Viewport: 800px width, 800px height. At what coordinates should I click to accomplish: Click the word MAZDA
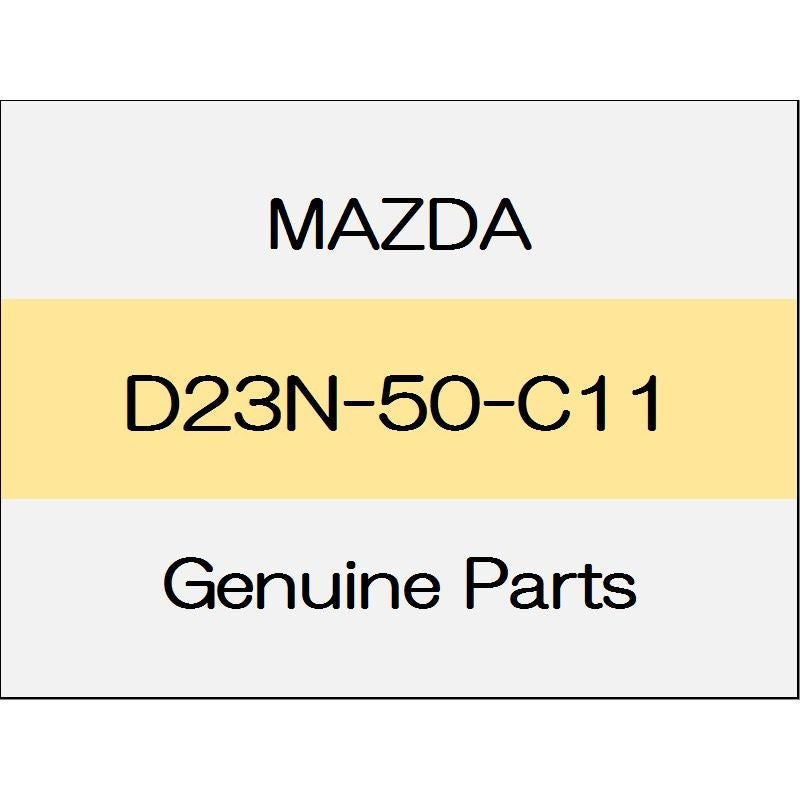(400, 224)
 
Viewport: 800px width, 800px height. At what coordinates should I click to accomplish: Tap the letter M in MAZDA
(295, 224)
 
